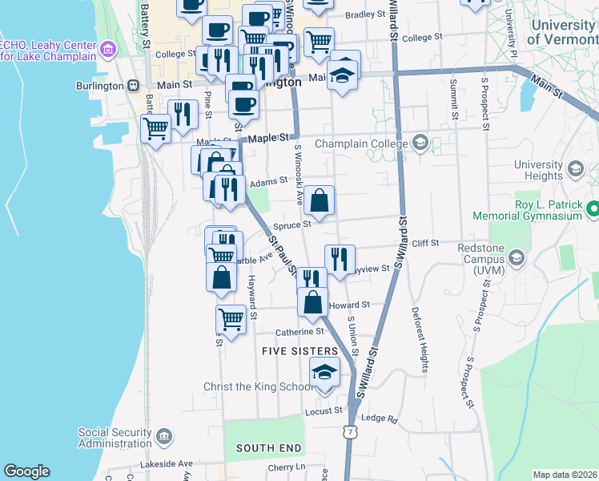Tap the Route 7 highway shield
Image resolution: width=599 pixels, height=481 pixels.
point(350,433)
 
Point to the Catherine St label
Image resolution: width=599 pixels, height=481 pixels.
point(299,331)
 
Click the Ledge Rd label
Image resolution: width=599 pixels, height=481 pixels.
point(380,418)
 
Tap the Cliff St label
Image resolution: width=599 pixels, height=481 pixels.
point(426,243)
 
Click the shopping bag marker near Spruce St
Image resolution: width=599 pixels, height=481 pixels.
point(319,201)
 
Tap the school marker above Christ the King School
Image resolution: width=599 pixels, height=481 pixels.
point(324,374)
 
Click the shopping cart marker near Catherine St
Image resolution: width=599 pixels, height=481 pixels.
point(231,320)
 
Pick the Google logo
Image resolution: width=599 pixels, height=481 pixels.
point(26,471)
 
